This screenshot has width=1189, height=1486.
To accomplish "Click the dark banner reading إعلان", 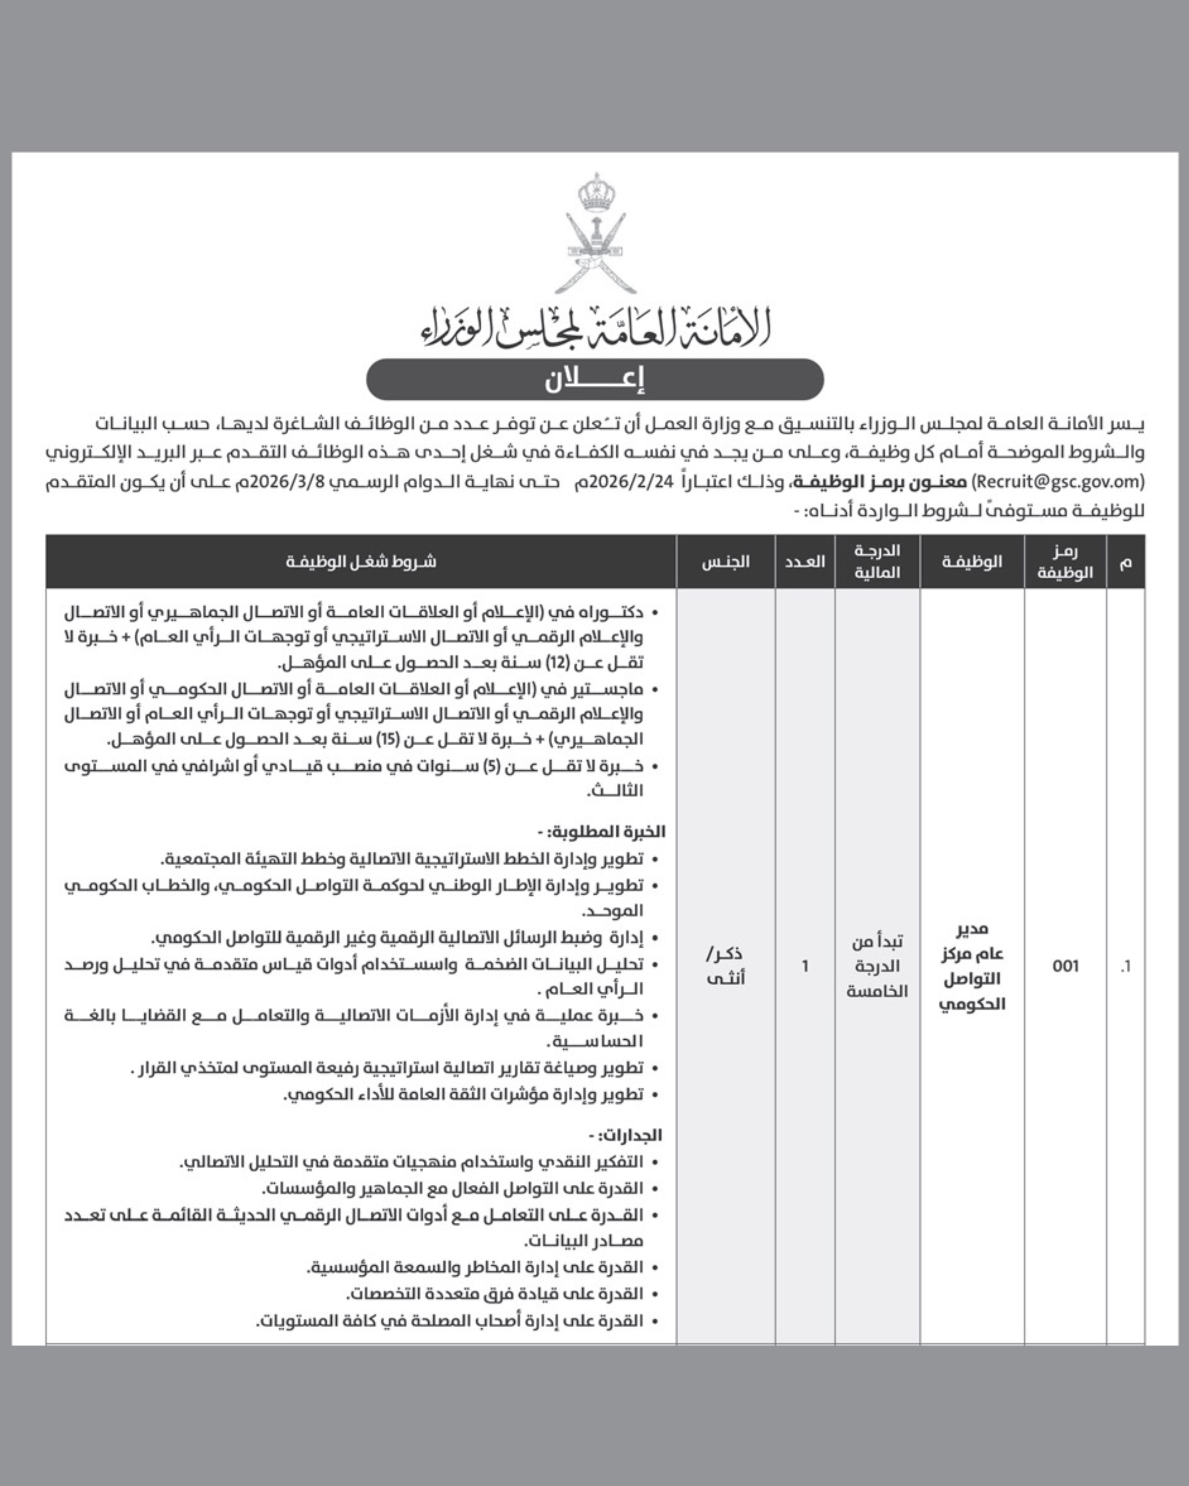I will [x=595, y=379].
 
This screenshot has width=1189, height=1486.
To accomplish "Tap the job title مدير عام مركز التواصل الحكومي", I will [x=972, y=966].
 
